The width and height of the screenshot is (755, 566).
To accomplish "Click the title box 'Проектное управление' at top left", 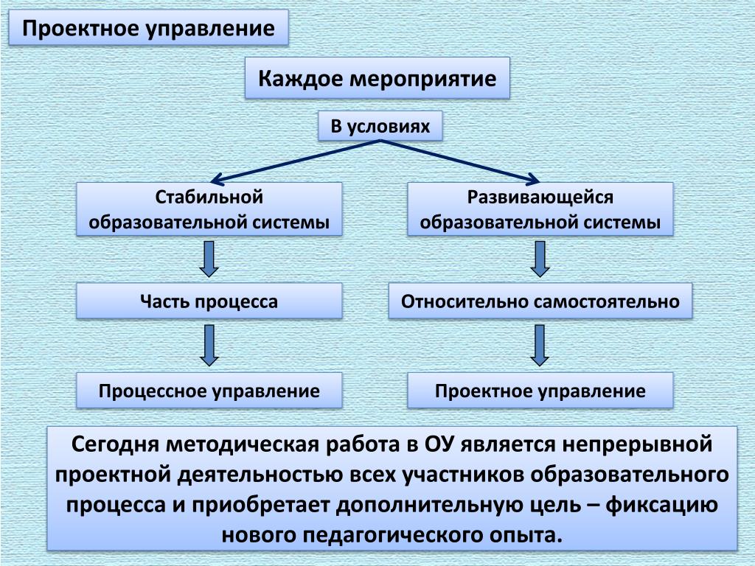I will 148,29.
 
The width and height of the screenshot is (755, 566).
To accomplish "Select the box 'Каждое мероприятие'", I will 377,78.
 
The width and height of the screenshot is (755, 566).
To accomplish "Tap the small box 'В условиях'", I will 379,126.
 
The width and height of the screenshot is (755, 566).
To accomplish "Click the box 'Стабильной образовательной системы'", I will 209,209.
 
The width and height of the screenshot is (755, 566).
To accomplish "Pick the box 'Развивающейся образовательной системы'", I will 540,209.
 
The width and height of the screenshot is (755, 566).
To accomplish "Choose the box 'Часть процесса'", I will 209,301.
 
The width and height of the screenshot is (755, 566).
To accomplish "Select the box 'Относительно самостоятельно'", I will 540,301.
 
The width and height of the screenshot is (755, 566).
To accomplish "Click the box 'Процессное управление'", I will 209,391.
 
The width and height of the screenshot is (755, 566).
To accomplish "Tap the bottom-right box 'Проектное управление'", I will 540,391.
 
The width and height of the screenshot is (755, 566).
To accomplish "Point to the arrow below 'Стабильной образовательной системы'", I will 209,259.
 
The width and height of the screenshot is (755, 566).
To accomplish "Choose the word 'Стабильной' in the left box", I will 209,198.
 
